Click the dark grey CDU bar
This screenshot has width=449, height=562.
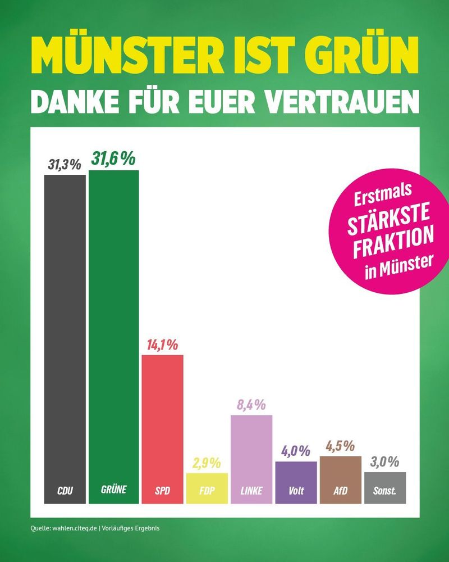click(x=65, y=337)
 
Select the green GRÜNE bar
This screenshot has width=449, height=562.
click(x=113, y=337)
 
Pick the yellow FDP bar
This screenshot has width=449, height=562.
click(x=207, y=488)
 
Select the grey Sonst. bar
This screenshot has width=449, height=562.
click(x=385, y=488)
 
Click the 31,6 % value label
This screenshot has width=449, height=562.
click(x=114, y=159)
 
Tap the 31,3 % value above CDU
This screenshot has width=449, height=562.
click(x=65, y=165)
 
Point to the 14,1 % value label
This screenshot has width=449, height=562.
click(x=162, y=345)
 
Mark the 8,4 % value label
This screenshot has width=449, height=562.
click(x=251, y=405)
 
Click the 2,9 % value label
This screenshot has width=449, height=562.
click(x=207, y=464)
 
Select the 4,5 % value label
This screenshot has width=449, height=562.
click(x=341, y=447)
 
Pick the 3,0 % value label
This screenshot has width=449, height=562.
click(x=385, y=463)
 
